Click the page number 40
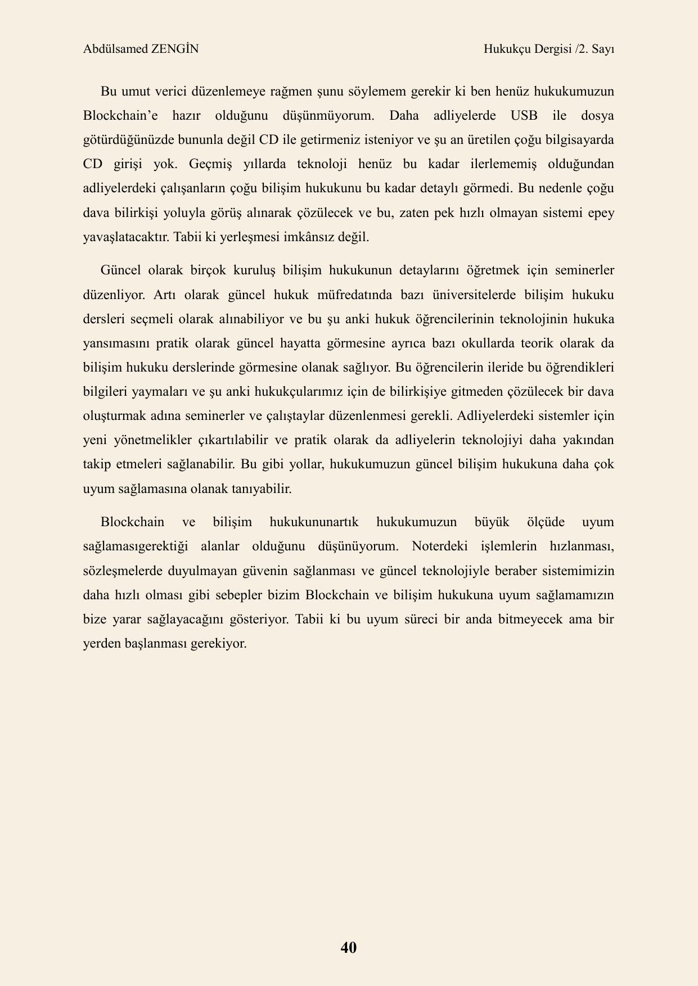pyautogui.click(x=349, y=947)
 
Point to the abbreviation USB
pyautogui.click(x=524, y=116)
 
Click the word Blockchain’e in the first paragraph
pyautogui.click(x=120, y=116)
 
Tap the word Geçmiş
pyautogui.click(x=210, y=164)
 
